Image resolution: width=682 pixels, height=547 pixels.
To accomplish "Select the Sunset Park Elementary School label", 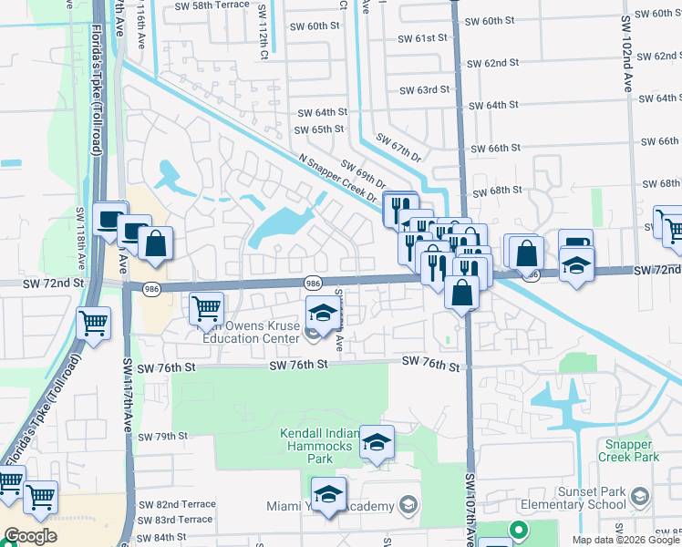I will [x=574, y=497].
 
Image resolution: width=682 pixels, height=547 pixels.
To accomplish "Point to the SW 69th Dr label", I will [x=363, y=171].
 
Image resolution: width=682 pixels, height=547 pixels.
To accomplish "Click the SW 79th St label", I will [x=163, y=437].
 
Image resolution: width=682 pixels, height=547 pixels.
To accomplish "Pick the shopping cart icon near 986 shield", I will [x=207, y=308].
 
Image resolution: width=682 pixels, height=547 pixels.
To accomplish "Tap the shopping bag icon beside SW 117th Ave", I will [x=156, y=243].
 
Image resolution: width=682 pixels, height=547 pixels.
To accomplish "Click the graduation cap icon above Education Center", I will [x=321, y=314].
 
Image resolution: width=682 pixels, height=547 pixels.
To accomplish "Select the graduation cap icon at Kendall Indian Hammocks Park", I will [x=377, y=442].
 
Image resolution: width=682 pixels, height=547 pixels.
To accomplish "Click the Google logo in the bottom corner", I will [x=31, y=537].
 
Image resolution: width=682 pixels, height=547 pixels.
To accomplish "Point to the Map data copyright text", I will [x=625, y=540].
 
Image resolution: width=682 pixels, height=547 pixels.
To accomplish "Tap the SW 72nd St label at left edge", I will [x=54, y=284].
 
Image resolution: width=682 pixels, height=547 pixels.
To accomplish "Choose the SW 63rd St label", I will [x=425, y=90].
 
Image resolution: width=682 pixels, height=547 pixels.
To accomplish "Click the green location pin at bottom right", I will [x=518, y=529].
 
